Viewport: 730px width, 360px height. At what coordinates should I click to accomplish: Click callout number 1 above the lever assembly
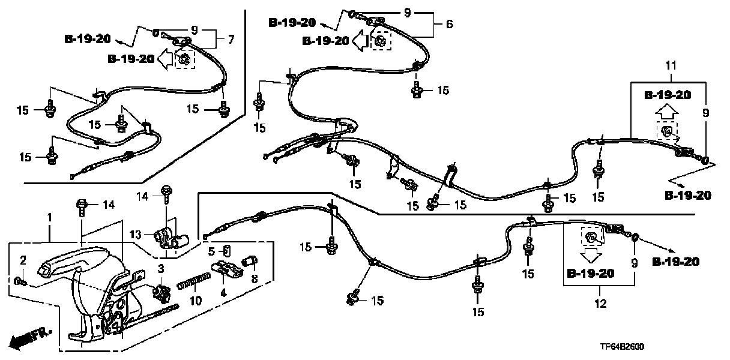click(x=50, y=216)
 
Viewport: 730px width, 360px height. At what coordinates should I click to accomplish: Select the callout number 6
click(x=449, y=25)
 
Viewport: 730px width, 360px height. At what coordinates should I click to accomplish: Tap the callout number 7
click(x=231, y=40)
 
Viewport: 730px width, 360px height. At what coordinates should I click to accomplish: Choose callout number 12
click(x=602, y=304)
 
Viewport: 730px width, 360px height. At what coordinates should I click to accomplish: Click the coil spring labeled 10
click(x=194, y=281)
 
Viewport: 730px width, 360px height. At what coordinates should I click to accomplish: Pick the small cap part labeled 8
click(x=249, y=261)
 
